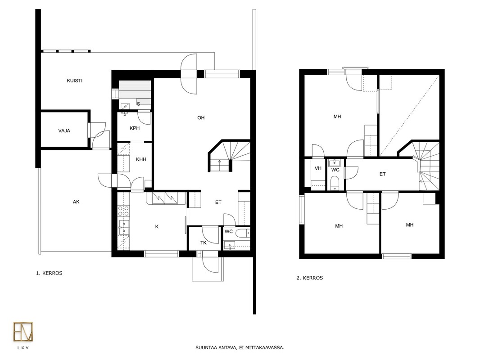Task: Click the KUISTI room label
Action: pos(74,81)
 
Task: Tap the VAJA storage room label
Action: pos(64,130)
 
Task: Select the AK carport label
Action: pos(76,202)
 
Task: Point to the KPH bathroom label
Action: pos(135,128)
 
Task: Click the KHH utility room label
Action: pos(141,159)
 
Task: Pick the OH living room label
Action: pos(201,118)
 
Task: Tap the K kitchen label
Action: pos(157,227)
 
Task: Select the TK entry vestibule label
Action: pos(204,243)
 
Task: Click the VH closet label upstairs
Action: pos(318,168)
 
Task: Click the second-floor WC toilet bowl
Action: pos(335,183)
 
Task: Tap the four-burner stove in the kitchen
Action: pos(123,211)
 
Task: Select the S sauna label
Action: pos(138,104)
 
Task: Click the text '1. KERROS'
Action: pos(49,273)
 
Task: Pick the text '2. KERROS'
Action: pos(309,278)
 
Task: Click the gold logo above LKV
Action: pos(23,332)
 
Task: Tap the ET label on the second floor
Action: pos(383,174)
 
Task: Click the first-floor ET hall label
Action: pos(218,202)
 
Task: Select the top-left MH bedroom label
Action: pos(337,117)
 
